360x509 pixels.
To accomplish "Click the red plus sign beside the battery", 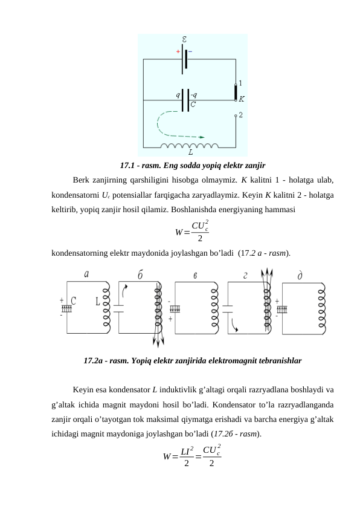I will (x=178, y=53).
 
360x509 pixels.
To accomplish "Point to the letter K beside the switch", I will (x=242, y=98).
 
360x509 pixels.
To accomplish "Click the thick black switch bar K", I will (x=236, y=94).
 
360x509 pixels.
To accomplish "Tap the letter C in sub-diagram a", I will (x=74, y=299).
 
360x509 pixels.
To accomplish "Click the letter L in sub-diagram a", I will (x=97, y=300).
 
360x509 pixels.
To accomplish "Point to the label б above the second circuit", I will (x=140, y=274).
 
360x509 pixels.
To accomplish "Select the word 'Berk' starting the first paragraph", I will (x=80, y=180).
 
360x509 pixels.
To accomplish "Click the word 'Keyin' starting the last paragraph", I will (x=82, y=389).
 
